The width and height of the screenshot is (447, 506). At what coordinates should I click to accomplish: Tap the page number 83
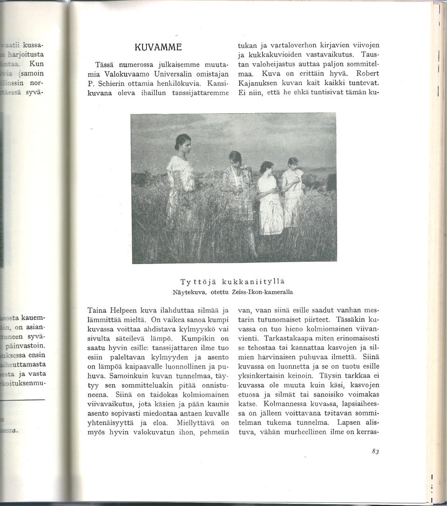pyautogui.click(x=376, y=451)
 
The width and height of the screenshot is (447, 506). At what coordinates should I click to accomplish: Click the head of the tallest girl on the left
pyautogui.click(x=183, y=142)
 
